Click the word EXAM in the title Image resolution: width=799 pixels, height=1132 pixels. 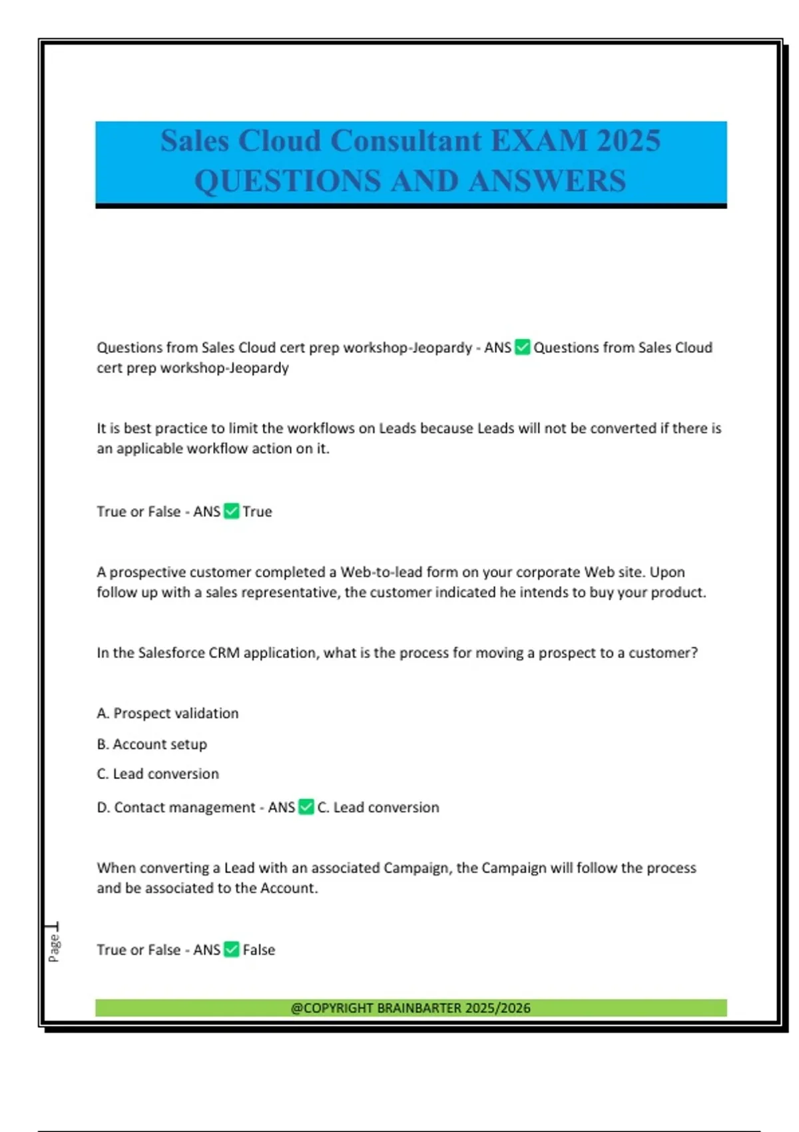[539, 141]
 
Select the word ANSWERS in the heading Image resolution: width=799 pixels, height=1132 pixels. [547, 181]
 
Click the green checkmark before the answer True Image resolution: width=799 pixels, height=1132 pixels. [232, 511]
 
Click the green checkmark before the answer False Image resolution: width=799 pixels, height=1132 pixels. [232, 950]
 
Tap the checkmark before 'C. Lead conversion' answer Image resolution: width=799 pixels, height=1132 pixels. [306, 807]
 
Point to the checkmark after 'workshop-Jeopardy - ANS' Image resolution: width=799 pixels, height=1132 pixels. [523, 348]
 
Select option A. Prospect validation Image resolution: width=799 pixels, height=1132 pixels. [168, 713]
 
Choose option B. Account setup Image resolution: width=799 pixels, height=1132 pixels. [152, 744]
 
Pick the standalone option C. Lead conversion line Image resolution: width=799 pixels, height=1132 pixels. [158, 774]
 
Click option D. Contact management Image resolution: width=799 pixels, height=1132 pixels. [176, 807]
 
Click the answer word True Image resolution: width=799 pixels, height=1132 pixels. [258, 511]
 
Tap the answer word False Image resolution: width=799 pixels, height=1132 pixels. [259, 950]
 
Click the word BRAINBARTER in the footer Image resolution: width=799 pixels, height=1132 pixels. [419, 1007]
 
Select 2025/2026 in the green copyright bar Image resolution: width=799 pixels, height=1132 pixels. [498, 1007]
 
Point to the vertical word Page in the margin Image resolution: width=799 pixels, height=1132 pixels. [54, 948]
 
